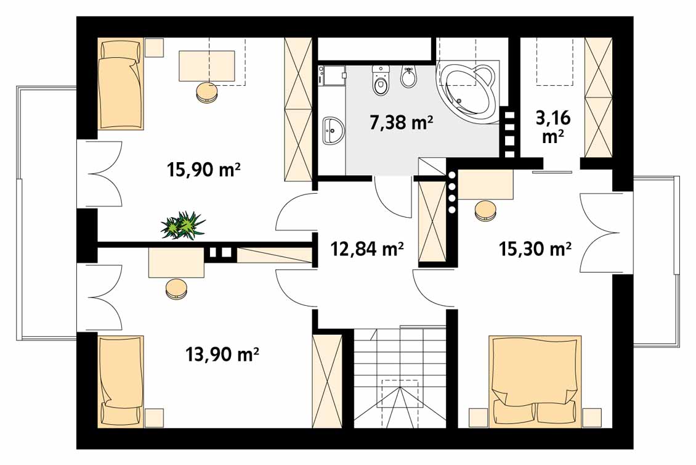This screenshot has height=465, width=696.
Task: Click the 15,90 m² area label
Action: (x=204, y=170)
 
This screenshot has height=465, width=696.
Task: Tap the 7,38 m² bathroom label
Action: (x=401, y=122)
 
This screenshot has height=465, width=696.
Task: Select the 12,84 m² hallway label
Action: (x=367, y=249)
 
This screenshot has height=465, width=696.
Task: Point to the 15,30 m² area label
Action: (x=535, y=249)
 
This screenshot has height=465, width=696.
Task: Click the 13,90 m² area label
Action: (x=222, y=355)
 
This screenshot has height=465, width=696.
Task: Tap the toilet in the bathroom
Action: (x=381, y=80)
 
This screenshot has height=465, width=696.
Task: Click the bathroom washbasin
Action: (x=333, y=130)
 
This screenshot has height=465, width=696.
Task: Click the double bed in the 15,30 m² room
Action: (x=535, y=381)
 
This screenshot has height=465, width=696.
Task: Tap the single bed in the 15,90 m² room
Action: (x=120, y=84)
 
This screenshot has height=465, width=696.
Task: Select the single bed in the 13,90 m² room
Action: (x=120, y=382)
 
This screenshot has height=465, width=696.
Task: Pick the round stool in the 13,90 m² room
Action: (x=177, y=289)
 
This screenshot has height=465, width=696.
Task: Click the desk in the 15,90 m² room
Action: (x=207, y=66)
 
